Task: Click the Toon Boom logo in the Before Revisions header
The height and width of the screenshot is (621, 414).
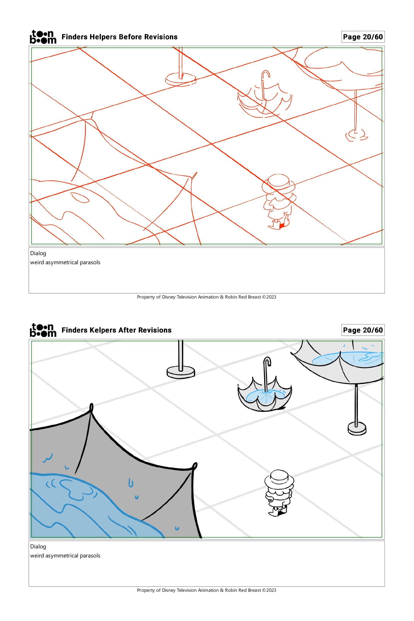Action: tap(43, 37)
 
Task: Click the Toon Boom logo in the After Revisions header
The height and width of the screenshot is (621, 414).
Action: tap(43, 330)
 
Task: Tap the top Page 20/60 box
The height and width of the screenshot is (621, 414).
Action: tap(363, 37)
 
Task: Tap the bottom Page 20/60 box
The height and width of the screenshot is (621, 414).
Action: tap(363, 330)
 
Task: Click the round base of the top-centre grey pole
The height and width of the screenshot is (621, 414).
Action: tap(181, 372)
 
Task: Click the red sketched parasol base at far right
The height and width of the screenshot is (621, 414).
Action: tap(356, 135)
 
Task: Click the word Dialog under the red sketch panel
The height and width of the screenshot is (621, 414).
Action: tap(38, 253)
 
